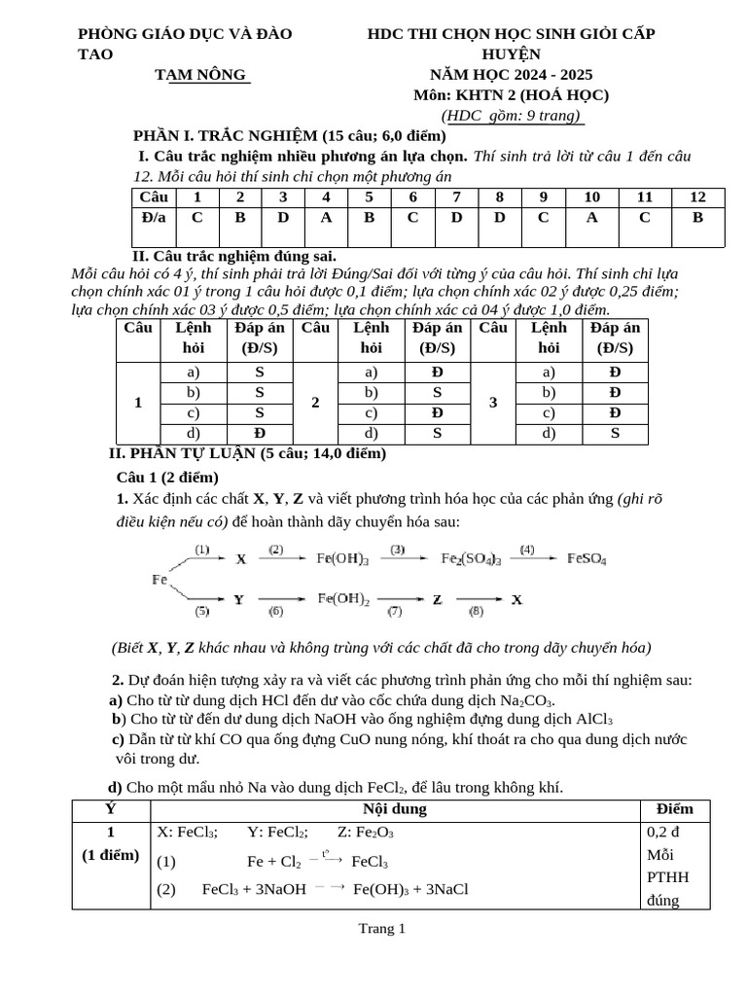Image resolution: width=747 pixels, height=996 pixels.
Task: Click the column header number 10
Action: [x=592, y=197]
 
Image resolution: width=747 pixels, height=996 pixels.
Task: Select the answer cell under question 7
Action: [x=456, y=217]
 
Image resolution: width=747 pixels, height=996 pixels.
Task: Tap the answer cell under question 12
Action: [x=697, y=217]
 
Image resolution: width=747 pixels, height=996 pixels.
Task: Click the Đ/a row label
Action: [x=154, y=217]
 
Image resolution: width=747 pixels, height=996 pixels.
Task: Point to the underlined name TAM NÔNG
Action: [x=201, y=75]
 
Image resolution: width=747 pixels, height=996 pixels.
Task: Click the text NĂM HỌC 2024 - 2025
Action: [x=511, y=75]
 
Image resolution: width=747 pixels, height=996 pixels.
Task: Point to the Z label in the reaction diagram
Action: [x=438, y=600]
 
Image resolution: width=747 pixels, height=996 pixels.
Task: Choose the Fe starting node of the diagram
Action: [x=160, y=580]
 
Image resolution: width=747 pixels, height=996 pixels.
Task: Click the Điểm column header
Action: [x=675, y=809]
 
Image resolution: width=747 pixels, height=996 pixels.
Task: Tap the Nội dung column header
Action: [x=395, y=809]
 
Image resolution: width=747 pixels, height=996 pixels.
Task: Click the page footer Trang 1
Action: [x=381, y=929]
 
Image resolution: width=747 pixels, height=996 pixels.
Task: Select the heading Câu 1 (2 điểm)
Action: [x=167, y=477]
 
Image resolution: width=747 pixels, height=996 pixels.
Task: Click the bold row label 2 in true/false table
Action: [x=315, y=403]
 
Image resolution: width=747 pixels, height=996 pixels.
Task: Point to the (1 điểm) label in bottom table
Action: [x=111, y=855]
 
